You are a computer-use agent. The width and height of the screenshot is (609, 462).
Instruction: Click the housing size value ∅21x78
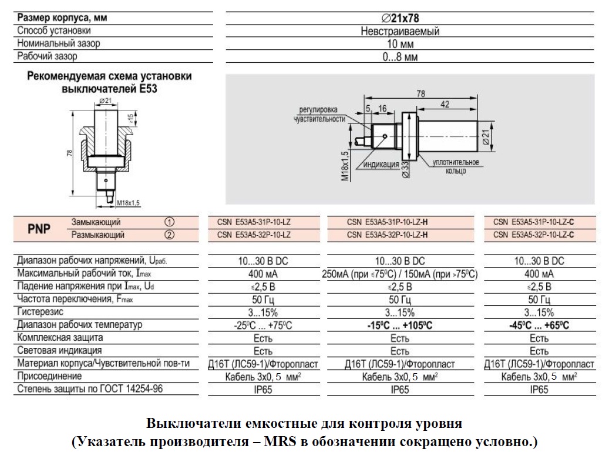(400, 18)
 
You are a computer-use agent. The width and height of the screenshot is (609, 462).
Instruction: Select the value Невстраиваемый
(400, 31)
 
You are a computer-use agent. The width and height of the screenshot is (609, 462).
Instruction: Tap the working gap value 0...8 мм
(400, 57)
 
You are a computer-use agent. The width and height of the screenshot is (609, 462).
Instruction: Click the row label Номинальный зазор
(59, 43)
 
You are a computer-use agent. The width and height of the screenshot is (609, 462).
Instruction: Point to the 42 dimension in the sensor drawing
(445, 104)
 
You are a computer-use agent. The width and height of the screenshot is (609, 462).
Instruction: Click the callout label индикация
(381, 165)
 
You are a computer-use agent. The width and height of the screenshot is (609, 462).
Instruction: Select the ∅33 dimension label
(405, 169)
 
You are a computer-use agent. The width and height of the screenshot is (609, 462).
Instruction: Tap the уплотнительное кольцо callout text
(456, 166)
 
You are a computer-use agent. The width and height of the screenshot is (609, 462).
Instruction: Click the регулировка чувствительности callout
(319, 115)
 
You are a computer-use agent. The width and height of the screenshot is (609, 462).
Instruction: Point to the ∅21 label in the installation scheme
(106, 101)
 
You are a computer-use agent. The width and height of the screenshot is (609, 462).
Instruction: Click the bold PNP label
(39, 229)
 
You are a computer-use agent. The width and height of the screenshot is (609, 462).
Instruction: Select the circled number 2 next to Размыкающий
(169, 235)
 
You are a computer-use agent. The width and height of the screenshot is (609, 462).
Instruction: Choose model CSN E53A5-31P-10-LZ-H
(387, 222)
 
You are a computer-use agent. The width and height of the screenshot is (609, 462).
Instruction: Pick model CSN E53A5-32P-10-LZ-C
(534, 235)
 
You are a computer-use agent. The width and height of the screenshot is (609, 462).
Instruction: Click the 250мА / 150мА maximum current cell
(400, 274)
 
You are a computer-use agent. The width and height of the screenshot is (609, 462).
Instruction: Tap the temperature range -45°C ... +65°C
(539, 326)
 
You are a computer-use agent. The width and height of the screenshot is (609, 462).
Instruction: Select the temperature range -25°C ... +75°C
(263, 326)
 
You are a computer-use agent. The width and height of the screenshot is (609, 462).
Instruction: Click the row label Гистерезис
(41, 312)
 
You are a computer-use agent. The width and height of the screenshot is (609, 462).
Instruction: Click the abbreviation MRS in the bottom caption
(280, 442)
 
